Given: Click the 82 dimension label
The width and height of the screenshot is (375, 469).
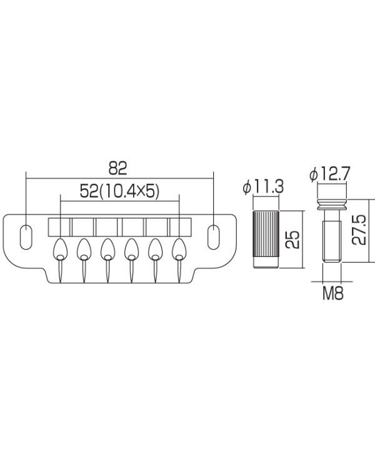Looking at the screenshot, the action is click(118, 168).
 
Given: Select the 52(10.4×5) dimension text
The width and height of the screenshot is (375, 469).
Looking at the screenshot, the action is click(119, 191).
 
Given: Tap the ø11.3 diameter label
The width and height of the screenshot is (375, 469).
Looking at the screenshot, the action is click(263, 187).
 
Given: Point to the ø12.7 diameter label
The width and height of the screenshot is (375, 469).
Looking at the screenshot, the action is click(329, 174).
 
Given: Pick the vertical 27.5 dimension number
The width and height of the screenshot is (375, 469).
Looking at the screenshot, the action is click(359, 230).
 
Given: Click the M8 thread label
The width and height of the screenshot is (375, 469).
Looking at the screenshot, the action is click(332, 293).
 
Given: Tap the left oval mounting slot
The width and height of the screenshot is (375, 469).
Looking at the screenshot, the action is click(26, 236).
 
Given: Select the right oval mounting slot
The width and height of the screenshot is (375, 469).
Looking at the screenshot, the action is click(213, 236).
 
